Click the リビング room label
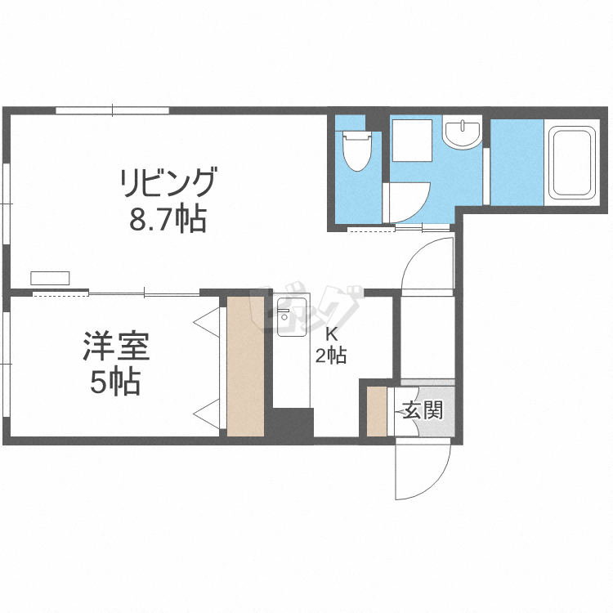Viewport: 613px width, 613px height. (168, 182)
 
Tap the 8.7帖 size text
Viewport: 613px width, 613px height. (168, 219)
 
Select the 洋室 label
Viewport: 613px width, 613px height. (116, 346)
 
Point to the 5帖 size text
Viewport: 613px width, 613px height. (116, 382)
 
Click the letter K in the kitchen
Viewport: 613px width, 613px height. (332, 334)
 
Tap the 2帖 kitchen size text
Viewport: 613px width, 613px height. (331, 356)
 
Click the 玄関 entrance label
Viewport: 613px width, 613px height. (423, 410)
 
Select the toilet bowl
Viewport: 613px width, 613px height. (357, 151)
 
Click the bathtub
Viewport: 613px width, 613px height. (571, 163)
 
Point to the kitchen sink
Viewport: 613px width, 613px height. (292, 316)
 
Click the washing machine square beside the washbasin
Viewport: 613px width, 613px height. (413, 140)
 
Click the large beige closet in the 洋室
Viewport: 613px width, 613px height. (245, 366)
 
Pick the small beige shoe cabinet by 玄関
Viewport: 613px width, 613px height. (377, 411)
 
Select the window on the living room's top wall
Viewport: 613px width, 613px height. (112, 110)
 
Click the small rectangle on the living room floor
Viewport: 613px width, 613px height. (50, 278)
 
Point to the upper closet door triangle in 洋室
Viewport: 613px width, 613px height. (208, 322)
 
